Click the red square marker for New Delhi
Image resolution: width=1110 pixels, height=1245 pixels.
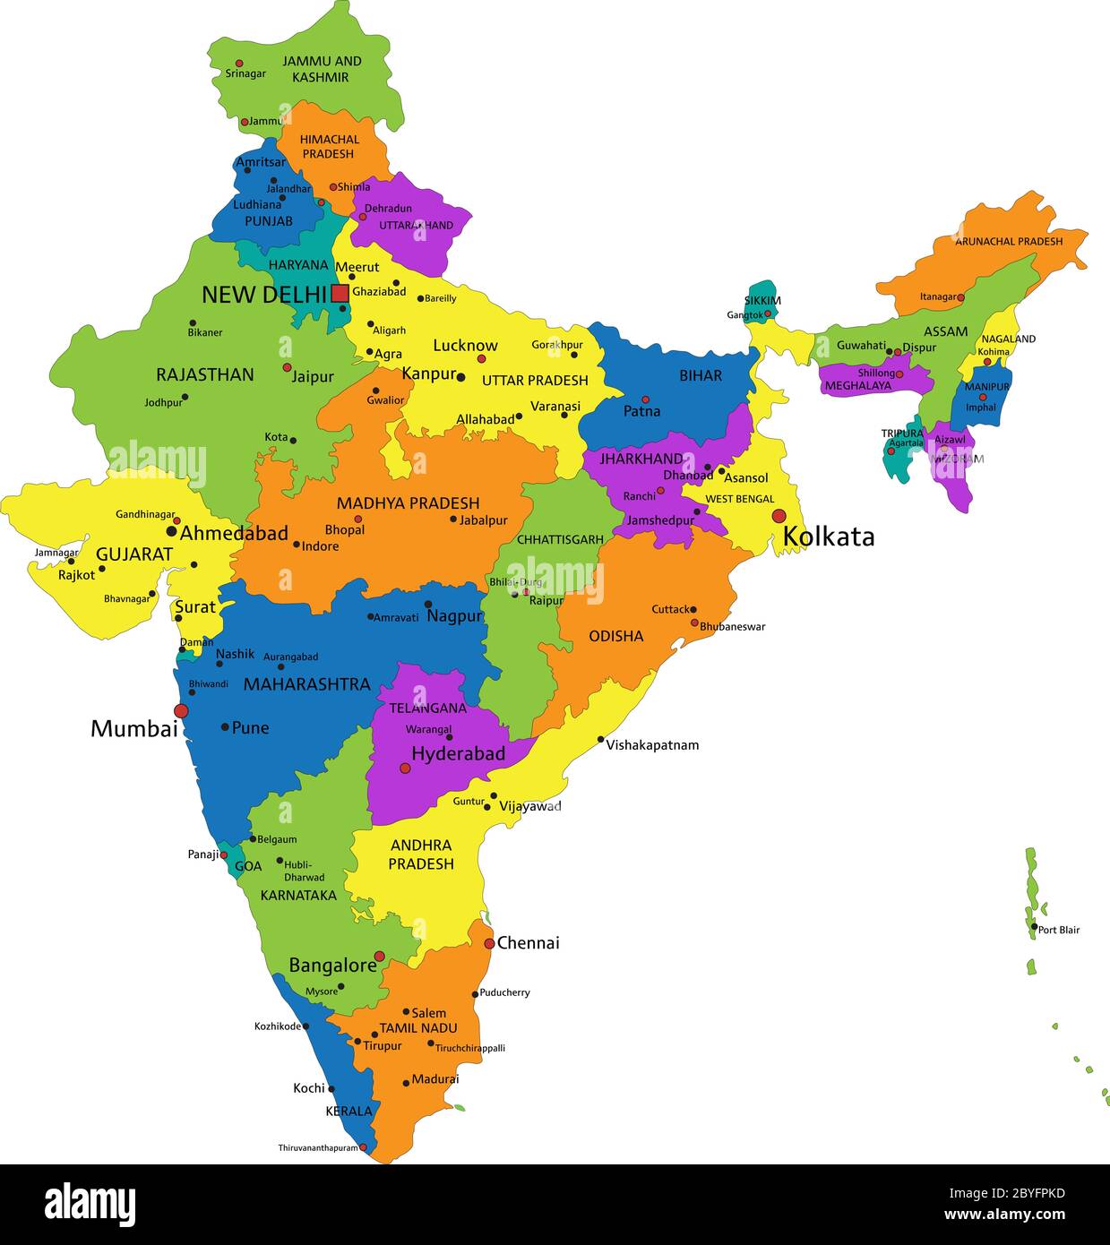click(x=340, y=293)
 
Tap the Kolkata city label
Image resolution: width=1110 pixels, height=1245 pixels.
click(x=828, y=537)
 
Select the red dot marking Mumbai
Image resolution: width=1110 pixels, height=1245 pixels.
click(x=181, y=711)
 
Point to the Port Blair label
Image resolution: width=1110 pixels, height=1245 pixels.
click(x=1058, y=930)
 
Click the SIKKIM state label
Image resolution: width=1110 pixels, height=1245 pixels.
click(x=762, y=300)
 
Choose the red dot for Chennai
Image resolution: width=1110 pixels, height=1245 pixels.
click(x=489, y=943)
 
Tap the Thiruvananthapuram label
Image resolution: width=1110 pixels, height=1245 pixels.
click(x=317, y=1147)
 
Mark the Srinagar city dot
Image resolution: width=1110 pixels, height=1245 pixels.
click(x=239, y=64)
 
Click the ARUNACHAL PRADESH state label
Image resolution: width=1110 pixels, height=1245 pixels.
click(x=1008, y=241)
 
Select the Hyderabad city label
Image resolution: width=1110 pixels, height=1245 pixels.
click(x=458, y=753)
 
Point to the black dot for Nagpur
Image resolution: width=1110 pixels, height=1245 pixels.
click(x=428, y=605)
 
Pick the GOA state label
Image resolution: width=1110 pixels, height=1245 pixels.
click(x=248, y=866)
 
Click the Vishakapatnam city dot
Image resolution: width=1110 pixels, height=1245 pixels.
click(x=601, y=740)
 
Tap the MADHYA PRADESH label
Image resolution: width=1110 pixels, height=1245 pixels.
click(x=408, y=503)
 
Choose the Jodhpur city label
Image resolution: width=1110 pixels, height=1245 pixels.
click(x=163, y=402)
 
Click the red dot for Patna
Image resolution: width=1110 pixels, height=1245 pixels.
click(x=645, y=399)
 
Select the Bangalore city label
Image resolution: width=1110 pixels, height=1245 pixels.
click(x=332, y=965)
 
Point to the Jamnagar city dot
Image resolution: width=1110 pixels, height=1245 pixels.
click(x=72, y=562)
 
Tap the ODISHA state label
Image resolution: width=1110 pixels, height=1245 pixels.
click(x=615, y=636)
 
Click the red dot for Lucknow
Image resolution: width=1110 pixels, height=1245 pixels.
click(x=481, y=359)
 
